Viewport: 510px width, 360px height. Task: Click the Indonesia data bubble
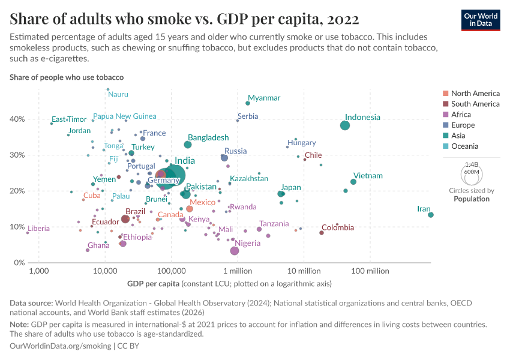click(345, 125)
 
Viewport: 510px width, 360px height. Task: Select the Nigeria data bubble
click(235, 251)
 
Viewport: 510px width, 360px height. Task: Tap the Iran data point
click(431, 215)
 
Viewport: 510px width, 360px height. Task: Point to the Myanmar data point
click(248, 103)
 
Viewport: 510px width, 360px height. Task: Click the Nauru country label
click(118, 94)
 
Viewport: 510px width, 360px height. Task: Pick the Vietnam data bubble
click(353, 182)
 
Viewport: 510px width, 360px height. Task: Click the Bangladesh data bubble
click(188, 145)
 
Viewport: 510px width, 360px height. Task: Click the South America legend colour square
click(445, 104)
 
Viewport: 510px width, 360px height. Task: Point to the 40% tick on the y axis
click(17, 119)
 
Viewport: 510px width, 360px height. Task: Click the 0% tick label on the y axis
click(19, 263)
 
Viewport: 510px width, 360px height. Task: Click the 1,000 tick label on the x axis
click(39, 272)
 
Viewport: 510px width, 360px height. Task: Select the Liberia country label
click(38, 229)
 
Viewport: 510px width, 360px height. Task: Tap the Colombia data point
click(322, 233)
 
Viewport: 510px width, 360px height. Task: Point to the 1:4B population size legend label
click(472, 164)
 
